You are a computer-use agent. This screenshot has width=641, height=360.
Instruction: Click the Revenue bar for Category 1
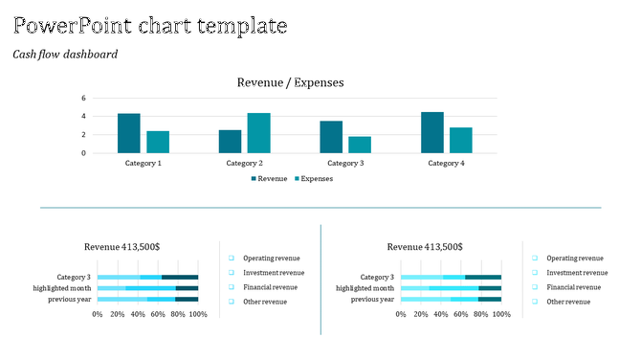[x=129, y=133]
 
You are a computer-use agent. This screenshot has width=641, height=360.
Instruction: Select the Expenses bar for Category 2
[x=258, y=133]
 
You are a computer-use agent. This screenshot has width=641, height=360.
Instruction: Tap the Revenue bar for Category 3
[x=331, y=137]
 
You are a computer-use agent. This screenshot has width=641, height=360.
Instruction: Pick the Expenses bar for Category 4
[x=461, y=140]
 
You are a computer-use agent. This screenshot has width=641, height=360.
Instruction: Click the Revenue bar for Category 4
[x=432, y=132]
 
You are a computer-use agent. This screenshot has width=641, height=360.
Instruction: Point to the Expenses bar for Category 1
[x=158, y=142]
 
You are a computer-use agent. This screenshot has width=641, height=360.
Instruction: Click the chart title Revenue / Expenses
[x=290, y=83]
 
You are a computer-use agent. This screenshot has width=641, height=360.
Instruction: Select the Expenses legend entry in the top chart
[x=312, y=178]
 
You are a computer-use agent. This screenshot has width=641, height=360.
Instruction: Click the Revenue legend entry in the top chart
[x=269, y=178]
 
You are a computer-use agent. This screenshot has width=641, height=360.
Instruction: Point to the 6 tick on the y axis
[x=84, y=98]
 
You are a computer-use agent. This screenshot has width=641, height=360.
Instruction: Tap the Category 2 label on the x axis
[x=244, y=164]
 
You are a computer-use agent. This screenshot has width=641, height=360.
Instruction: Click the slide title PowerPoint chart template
[x=149, y=26]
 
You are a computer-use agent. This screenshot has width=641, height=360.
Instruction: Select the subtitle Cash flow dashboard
[x=65, y=55]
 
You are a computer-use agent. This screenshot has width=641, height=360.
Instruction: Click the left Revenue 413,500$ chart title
[x=122, y=247]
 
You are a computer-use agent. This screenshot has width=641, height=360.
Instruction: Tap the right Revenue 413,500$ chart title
[x=425, y=247]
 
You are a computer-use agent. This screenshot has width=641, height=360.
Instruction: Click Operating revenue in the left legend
[x=272, y=259]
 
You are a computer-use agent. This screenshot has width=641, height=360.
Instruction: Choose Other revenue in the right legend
[x=568, y=302]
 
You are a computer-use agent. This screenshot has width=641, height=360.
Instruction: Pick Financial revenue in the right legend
[x=574, y=287]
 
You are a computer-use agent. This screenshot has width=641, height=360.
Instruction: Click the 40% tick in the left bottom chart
[x=138, y=314]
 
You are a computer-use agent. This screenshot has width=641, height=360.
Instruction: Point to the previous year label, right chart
[x=372, y=300]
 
